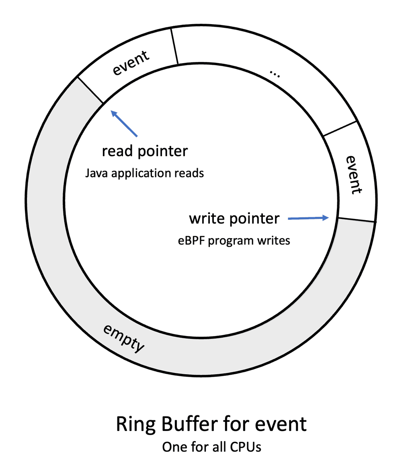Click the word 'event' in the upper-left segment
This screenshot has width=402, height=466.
tap(131, 63)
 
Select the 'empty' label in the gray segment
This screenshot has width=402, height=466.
tap(123, 338)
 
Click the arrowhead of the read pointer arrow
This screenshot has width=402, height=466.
tap(114, 114)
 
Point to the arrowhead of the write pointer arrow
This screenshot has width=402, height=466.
tap(326, 218)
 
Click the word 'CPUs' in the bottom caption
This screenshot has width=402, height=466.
tap(246, 447)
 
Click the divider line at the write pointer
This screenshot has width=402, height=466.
tap(356, 220)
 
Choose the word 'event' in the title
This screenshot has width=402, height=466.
tap(281, 424)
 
